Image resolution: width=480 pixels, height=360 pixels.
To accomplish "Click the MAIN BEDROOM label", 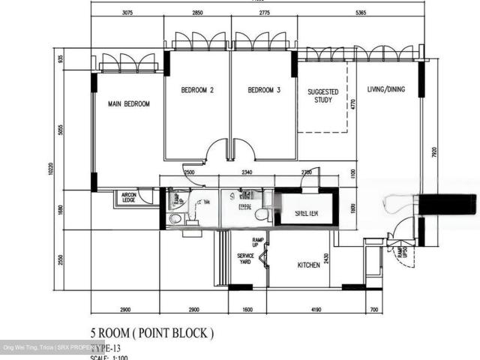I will click(x=129, y=104).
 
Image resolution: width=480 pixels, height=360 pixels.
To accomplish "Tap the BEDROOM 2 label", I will click(x=198, y=91).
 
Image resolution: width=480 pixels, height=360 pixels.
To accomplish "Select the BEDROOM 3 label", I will click(x=264, y=91).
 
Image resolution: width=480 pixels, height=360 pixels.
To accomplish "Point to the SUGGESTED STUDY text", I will click(x=323, y=96).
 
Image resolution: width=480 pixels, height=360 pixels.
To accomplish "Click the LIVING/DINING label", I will click(x=385, y=90).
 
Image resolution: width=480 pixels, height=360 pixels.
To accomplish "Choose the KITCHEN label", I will click(x=309, y=265).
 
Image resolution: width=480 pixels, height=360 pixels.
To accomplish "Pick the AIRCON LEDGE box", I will click(x=129, y=198).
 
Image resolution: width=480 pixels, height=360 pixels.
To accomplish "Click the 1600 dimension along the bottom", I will click(x=248, y=310).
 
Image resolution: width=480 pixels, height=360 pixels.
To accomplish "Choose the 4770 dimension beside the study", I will click(x=352, y=105).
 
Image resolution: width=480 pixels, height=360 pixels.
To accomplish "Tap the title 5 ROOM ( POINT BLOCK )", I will click(x=151, y=332).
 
